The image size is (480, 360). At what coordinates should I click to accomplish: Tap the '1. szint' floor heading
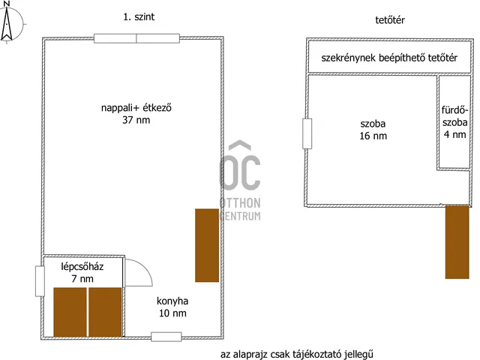pyautogui.click(x=139, y=16)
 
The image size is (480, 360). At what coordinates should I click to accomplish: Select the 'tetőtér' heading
pyautogui.click(x=390, y=20)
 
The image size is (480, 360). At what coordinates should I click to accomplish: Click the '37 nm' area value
pyautogui.click(x=136, y=120)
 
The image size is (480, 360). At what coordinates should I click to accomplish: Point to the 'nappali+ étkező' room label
pyautogui.click(x=136, y=108)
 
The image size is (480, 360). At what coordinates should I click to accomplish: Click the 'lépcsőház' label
pyautogui.click(x=82, y=266)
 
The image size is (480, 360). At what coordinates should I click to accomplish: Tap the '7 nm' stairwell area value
pyautogui.click(x=82, y=278)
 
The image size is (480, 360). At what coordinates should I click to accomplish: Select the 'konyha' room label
pyautogui.click(x=172, y=301)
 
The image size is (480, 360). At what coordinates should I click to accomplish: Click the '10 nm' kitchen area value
pyautogui.click(x=172, y=313)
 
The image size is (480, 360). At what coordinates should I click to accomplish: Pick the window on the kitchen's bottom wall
pyautogui.click(x=166, y=337)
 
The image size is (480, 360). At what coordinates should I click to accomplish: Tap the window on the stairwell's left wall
pyautogui.click(x=40, y=281)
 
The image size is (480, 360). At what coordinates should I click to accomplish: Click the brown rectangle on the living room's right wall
pyautogui.click(x=207, y=245)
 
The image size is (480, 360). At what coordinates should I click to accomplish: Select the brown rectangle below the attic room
pyautogui.click(x=457, y=241)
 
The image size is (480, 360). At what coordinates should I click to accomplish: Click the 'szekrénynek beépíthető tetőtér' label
pyautogui.click(x=389, y=58)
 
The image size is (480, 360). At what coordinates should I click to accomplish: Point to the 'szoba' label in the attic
pyautogui.click(x=373, y=124)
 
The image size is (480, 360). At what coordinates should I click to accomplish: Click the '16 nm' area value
pyautogui.click(x=373, y=136)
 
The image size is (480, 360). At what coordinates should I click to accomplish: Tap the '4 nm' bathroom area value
pyautogui.click(x=455, y=134)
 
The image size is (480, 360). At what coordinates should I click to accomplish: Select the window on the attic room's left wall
pyautogui.click(x=307, y=133)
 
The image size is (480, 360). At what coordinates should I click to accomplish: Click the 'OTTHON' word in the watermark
pyautogui.click(x=240, y=203)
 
